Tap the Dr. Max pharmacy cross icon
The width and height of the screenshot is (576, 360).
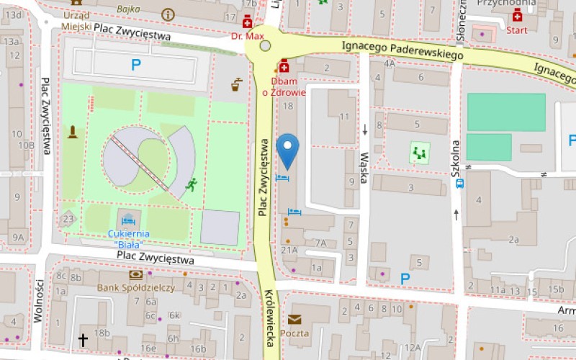[x=248, y=21]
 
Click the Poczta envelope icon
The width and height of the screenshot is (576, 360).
[x=294, y=320]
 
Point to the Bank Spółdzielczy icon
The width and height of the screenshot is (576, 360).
[x=135, y=274]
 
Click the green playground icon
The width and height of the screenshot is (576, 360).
[x=418, y=152]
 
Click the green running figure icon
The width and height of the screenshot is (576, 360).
[x=191, y=185]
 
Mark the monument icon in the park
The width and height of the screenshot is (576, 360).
[x=71, y=132]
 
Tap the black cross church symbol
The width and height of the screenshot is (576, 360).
[x=83, y=339]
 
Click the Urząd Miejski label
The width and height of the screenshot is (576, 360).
[x=76, y=21]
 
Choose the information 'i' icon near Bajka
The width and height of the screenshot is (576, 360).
[x=168, y=14]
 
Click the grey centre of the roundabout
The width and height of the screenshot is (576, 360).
[x=266, y=46]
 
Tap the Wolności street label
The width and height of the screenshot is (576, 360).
[x=39, y=302]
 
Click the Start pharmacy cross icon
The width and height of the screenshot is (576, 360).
[x=517, y=17]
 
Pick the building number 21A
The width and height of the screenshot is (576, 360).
[x=289, y=250]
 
